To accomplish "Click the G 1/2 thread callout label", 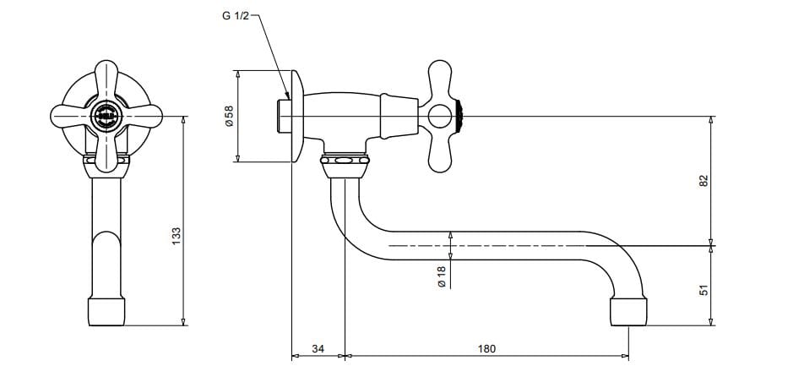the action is pos(236,15).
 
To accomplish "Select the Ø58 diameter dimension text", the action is pos(229,116).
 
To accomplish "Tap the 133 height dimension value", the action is pos(177,236).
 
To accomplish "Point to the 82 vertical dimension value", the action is pos(703,181).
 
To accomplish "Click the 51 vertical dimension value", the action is pos(703,290).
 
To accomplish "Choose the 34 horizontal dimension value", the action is pos(318,349).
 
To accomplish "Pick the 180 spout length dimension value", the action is pos(486,349).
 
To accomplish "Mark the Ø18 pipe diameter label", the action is pos(443,276).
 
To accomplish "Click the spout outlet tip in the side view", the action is pos(628,311).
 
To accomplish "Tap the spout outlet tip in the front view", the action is pos(106,310).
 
